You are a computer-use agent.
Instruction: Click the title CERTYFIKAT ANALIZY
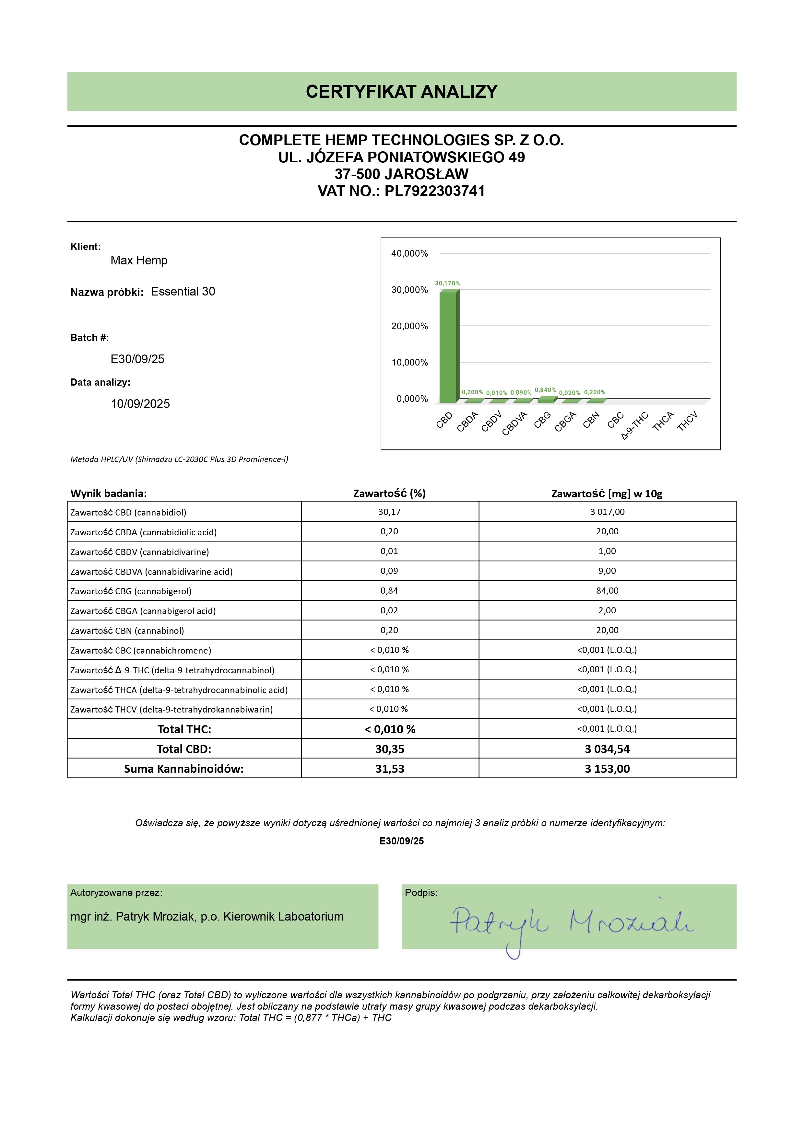pos(401,92)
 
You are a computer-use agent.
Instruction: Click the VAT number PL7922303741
pos(434,191)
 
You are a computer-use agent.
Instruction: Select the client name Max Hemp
pos(139,261)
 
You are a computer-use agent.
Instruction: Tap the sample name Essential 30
pos(183,292)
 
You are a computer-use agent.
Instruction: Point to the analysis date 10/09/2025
pos(140,404)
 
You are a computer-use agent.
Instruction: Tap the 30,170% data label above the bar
pos(447,283)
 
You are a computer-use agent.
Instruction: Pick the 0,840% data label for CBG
pos(545,390)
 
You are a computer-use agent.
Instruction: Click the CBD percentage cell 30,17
pos(389,512)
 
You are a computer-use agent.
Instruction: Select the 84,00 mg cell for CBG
pos(607,591)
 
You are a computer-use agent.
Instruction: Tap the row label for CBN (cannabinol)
pos(127,631)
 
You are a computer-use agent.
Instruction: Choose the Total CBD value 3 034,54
pos(607,749)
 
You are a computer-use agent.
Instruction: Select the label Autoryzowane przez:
pos(116,893)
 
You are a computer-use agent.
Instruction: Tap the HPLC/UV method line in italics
pos(179,459)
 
